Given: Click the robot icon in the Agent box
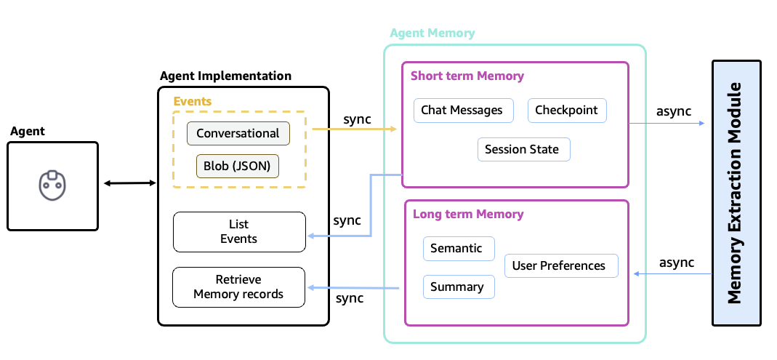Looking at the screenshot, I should click(52, 185).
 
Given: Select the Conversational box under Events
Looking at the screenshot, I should click(238, 133).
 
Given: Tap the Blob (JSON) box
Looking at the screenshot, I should click(238, 166).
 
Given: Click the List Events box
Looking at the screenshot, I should click(238, 231).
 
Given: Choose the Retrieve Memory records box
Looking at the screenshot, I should click(238, 287).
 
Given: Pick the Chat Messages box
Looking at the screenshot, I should click(462, 111).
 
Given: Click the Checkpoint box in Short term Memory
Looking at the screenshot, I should click(566, 111).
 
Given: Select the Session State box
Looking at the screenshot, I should click(522, 150).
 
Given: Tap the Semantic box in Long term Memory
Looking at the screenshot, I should click(456, 248).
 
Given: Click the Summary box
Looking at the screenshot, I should click(456, 287).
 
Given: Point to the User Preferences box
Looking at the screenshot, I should click(559, 265).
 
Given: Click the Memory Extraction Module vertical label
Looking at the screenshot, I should click(736, 193).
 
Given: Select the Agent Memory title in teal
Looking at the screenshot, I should click(432, 33).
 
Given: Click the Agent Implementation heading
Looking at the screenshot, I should click(225, 76).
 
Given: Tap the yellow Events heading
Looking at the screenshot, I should click(192, 101).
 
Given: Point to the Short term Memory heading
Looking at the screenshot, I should click(467, 76).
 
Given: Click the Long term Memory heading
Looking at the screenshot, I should click(467, 214).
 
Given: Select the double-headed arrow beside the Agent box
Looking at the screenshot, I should click(129, 183).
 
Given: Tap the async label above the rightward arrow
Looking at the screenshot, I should click(673, 111).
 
